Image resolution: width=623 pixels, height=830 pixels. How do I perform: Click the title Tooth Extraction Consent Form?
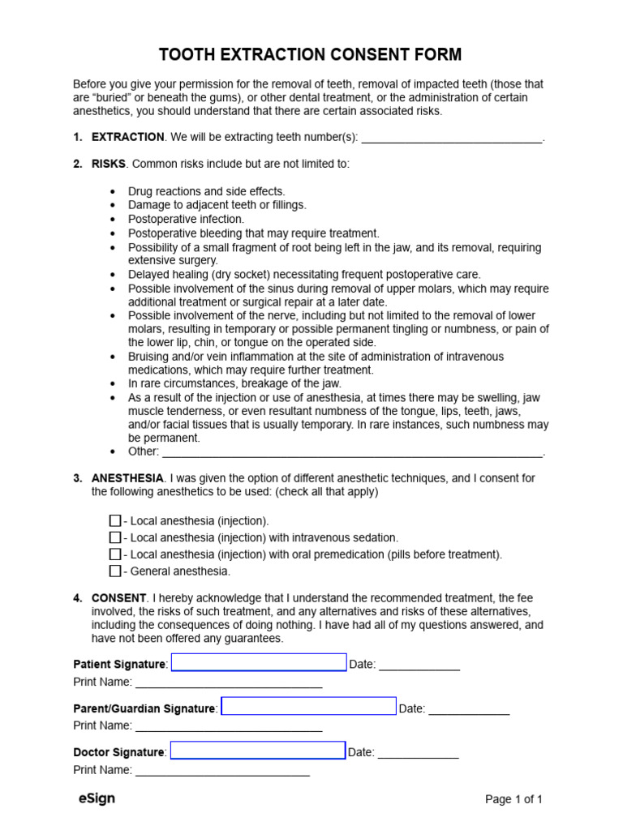311,55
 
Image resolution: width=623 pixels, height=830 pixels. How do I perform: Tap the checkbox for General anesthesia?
115,571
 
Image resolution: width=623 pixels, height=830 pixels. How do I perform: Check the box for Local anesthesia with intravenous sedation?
115,537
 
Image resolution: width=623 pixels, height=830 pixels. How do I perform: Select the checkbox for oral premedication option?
115,554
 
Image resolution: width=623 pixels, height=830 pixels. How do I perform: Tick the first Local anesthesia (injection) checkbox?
115,520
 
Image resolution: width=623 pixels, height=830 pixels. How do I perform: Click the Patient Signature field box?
259,663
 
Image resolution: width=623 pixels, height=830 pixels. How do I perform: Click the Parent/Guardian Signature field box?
309,707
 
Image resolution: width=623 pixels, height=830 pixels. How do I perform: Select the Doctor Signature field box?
258,751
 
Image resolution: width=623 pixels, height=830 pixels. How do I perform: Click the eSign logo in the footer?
97,798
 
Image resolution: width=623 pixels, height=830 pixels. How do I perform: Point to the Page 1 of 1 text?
513,799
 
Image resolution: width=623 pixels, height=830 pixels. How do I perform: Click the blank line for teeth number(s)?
451,138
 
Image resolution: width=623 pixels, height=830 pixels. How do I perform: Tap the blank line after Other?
351,451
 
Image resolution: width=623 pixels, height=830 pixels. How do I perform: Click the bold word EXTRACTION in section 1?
128,138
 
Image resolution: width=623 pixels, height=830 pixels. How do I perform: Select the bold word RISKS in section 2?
109,164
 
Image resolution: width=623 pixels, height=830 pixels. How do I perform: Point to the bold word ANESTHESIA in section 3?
128,478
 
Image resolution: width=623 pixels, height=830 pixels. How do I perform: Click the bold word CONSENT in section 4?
118,598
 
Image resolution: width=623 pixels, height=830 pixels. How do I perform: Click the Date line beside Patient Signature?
419,665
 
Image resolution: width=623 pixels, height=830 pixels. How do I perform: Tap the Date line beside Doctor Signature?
418,753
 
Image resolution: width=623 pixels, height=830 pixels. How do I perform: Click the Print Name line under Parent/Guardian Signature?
229,726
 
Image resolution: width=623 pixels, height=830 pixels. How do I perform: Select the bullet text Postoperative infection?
186,219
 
